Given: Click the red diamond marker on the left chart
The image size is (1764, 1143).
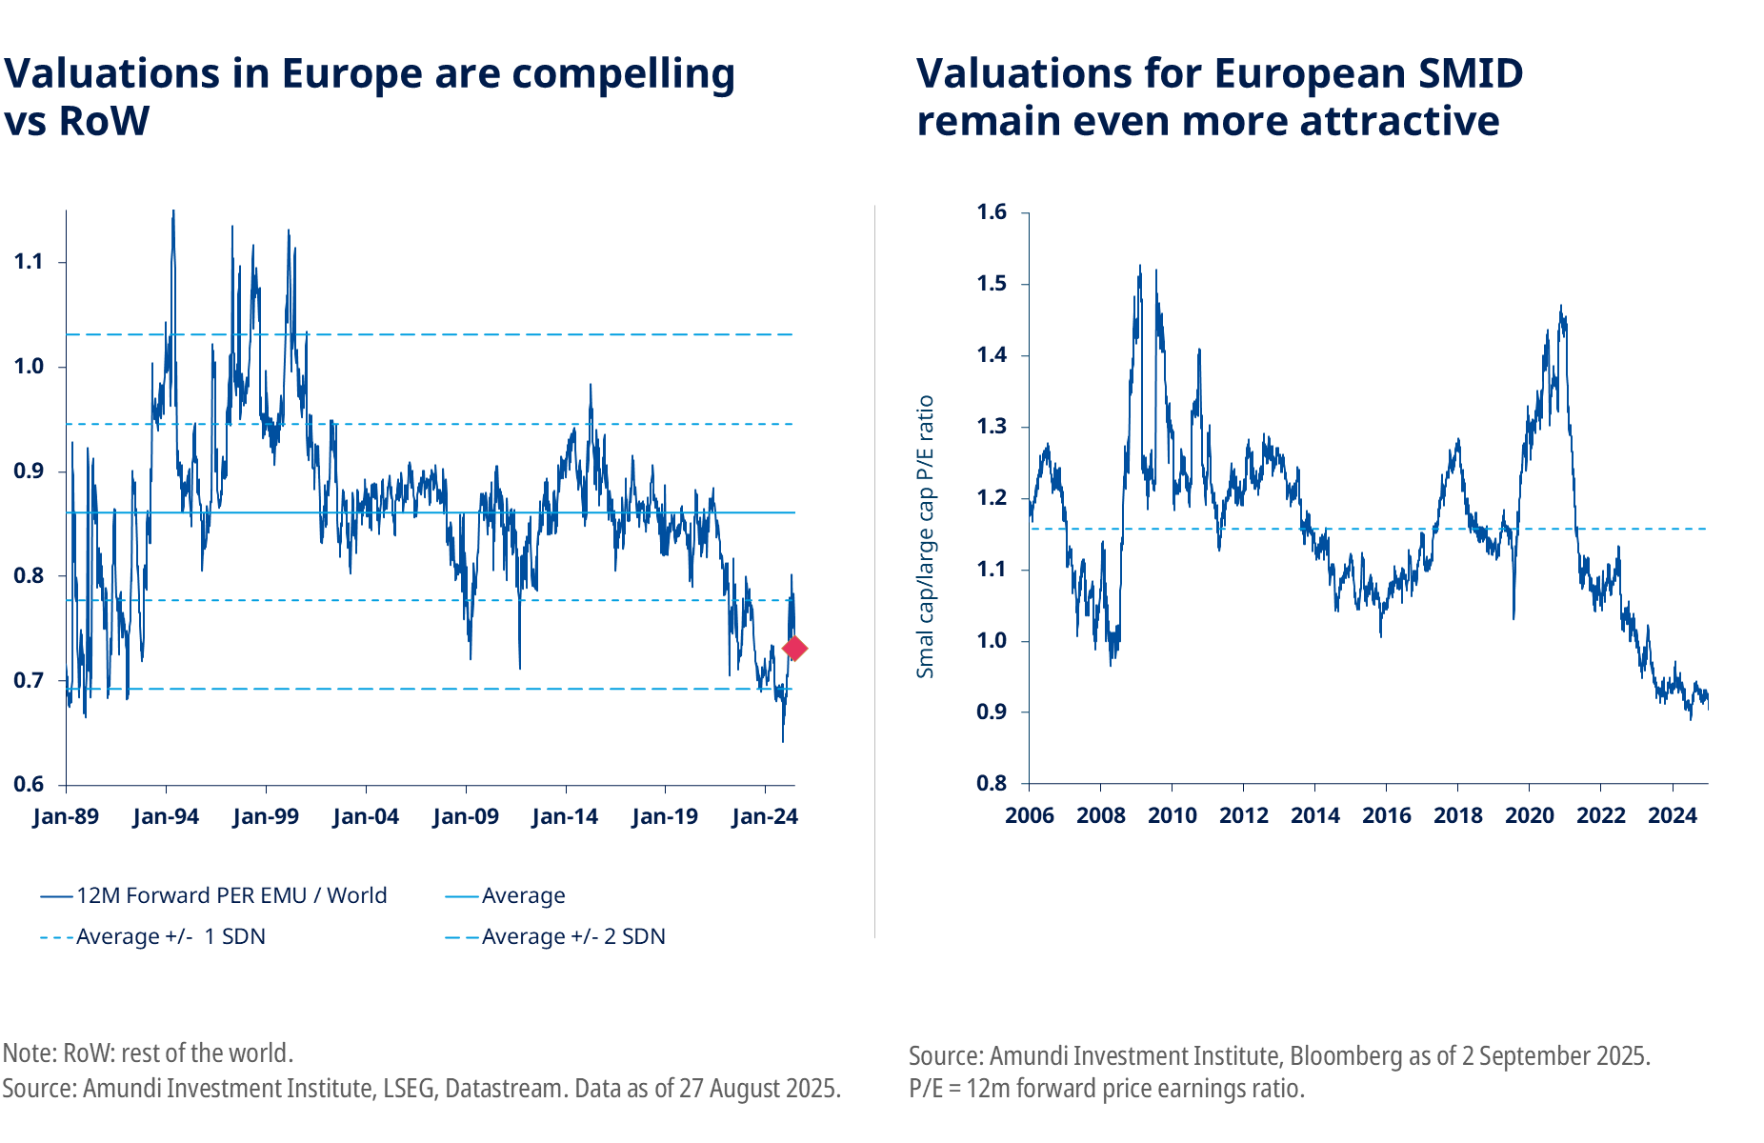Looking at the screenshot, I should point(794,649).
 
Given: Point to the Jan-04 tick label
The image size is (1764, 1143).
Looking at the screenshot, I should point(366,816).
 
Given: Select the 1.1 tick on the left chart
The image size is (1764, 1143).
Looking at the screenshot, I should point(29,262).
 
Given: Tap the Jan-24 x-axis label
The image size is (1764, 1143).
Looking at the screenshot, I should point(765,816).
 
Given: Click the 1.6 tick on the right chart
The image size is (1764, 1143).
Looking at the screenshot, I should point(992,212).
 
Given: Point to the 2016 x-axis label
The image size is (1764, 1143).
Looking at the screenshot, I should point(1386,815).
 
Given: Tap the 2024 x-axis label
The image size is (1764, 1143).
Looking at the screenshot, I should point(1673,815).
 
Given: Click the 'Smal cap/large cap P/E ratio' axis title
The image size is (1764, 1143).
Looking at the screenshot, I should point(925,536).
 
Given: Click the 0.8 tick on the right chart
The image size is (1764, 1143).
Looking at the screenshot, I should point(992,783).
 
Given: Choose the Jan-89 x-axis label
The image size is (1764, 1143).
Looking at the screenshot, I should point(66,816).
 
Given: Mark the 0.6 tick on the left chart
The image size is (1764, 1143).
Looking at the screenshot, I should point(29,784).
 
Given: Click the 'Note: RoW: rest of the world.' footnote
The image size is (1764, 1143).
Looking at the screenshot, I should point(148,1053).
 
